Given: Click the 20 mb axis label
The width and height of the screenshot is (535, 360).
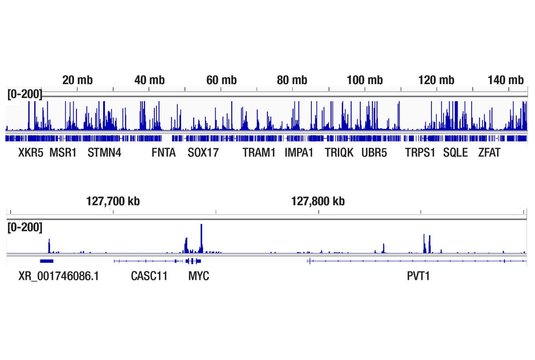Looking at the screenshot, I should [x=77, y=80].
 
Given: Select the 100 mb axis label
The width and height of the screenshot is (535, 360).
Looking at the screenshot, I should [x=364, y=80].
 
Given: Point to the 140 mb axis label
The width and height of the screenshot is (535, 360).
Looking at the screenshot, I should [x=505, y=80].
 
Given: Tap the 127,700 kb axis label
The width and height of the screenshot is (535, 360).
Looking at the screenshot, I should [x=113, y=201].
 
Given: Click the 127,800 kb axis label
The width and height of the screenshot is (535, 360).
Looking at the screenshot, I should [x=318, y=201].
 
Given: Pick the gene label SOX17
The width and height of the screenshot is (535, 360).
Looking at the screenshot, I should [x=203, y=153].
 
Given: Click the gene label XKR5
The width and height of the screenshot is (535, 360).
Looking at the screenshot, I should [x=30, y=153].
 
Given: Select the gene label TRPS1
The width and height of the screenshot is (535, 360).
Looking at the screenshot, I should [x=420, y=153].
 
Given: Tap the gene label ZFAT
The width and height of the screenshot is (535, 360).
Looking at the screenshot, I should [x=489, y=153].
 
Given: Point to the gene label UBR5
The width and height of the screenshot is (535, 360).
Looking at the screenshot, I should [x=374, y=153].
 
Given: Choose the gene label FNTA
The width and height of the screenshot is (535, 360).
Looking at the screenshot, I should [x=164, y=153].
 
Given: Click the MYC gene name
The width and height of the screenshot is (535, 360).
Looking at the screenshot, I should [x=199, y=276].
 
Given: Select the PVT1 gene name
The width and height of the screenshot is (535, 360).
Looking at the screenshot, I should [x=418, y=276].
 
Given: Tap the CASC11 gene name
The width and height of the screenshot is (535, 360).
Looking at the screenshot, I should [x=149, y=276].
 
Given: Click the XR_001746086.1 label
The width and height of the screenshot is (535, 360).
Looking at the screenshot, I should [x=59, y=276].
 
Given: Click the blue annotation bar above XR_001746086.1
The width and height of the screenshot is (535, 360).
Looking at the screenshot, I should [x=47, y=261].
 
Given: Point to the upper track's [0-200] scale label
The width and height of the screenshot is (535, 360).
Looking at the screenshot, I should [x=24, y=94].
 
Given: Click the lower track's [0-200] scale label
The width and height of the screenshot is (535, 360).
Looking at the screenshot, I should [x=24, y=228].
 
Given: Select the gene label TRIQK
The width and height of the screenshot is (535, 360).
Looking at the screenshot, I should [x=339, y=153].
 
